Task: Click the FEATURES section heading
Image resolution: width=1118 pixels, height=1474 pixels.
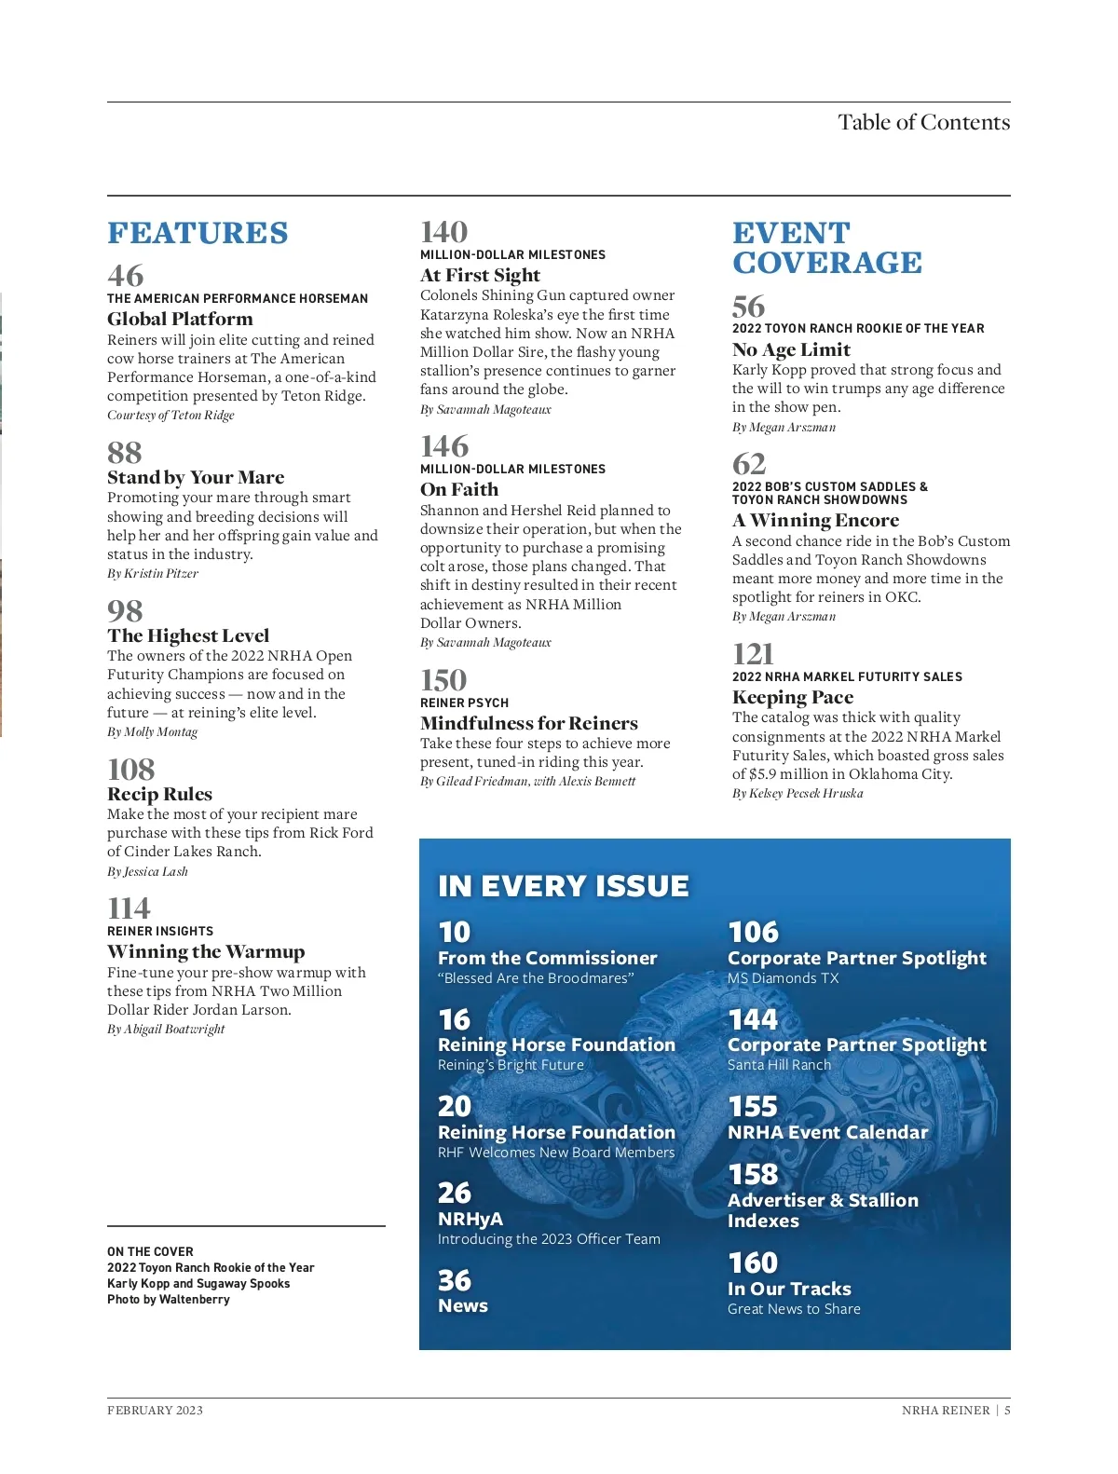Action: click(198, 233)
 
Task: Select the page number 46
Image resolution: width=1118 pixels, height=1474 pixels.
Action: click(126, 276)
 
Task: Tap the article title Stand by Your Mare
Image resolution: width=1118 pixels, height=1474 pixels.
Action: click(196, 477)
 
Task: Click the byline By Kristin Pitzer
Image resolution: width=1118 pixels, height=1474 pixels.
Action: click(153, 573)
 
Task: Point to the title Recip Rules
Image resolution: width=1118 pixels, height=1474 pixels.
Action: click(159, 794)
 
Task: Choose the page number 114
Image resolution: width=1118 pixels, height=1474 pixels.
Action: click(129, 908)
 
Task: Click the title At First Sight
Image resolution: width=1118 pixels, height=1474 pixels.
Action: click(480, 275)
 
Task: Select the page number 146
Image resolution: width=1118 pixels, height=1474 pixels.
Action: click(444, 446)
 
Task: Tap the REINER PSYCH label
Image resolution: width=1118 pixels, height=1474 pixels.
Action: click(464, 703)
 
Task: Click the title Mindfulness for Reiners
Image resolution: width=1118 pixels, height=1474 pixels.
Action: click(528, 723)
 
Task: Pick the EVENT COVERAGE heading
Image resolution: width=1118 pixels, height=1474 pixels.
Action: click(826, 248)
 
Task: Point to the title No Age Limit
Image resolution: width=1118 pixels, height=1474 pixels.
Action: click(791, 349)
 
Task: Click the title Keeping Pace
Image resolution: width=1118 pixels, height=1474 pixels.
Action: click(792, 697)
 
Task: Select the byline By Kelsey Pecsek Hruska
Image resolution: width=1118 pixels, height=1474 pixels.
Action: click(798, 793)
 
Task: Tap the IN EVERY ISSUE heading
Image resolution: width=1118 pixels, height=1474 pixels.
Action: click(563, 885)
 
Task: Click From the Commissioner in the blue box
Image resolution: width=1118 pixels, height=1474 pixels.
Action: click(547, 958)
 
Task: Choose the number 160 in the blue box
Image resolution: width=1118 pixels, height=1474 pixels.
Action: click(753, 1262)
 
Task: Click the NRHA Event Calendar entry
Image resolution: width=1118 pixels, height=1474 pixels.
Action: click(827, 1132)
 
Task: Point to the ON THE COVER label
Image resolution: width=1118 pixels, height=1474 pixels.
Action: click(150, 1251)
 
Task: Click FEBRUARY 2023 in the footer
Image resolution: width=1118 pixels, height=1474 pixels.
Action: click(155, 1410)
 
